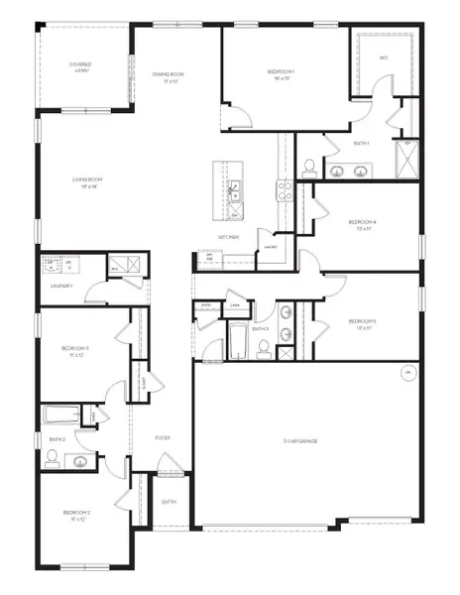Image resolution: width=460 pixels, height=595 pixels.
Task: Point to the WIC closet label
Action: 384,59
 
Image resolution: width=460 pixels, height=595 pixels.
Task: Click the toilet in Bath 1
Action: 308,167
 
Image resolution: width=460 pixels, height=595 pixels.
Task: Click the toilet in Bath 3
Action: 263,346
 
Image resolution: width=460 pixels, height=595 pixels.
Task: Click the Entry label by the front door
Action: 169,502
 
